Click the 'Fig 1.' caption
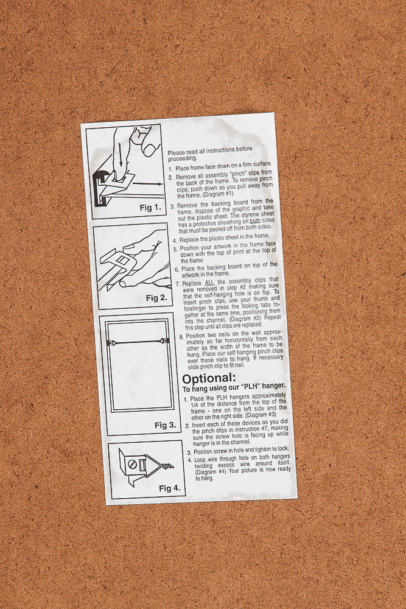click(150, 208)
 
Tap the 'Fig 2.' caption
click(156, 298)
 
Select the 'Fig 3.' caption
click(166, 425)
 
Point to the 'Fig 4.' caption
click(170, 488)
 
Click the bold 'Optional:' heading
click(209, 378)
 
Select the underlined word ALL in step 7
click(209, 283)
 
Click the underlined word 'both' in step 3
click(254, 220)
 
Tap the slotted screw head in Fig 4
click(132, 463)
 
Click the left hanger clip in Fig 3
click(111, 343)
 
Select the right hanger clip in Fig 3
click(165, 341)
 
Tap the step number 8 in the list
click(181, 337)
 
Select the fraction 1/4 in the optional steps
click(195, 405)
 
